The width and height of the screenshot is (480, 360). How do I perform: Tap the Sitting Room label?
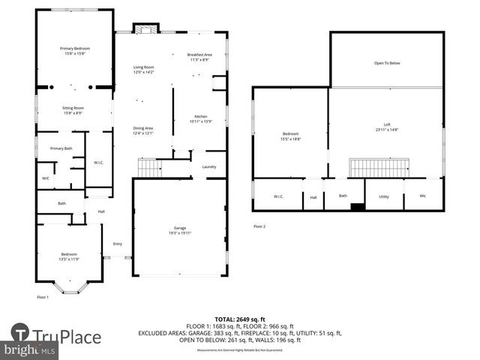[73, 108]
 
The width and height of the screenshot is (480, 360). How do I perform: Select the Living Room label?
[143, 67]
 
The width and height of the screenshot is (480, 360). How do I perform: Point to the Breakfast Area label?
[200, 55]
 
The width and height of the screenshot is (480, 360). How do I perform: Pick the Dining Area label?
[143, 128]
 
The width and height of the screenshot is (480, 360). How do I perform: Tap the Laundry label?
[209, 166]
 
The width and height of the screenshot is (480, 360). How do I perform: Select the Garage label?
[180, 228]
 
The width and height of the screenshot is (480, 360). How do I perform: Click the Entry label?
[118, 244]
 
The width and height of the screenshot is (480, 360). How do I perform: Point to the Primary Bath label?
[61, 148]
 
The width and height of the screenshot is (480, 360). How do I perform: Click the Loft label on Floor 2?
[387, 124]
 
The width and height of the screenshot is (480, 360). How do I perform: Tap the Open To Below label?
[387, 63]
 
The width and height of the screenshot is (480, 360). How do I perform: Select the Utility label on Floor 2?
[384, 196]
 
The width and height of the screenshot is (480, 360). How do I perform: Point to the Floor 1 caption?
[43, 297]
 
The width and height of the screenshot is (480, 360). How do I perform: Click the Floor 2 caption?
[259, 226]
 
